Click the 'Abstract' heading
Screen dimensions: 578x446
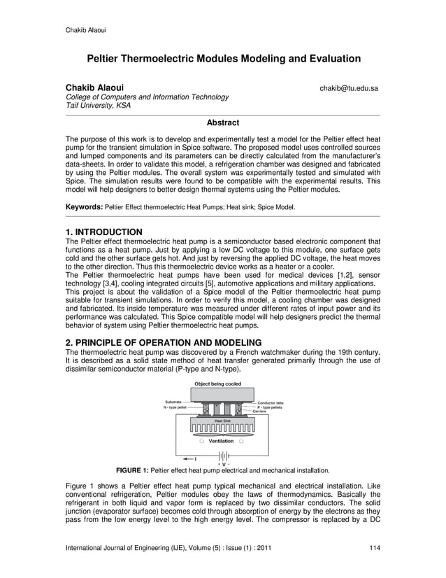(x=223, y=123)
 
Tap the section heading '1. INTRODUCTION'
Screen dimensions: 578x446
(x=104, y=232)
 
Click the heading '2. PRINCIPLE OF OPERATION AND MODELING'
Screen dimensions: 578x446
(x=163, y=342)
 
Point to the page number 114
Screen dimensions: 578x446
(x=375, y=547)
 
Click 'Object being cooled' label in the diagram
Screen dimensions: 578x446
(x=217, y=384)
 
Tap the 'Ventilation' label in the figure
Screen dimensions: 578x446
(x=222, y=441)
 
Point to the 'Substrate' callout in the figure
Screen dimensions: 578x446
(x=174, y=402)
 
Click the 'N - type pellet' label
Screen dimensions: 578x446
(x=175, y=407)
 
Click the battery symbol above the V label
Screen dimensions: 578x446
(x=223, y=455)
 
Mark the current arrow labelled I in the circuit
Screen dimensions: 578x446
(x=194, y=458)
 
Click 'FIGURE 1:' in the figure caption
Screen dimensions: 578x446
(x=132, y=470)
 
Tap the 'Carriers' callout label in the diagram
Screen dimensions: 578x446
(x=260, y=411)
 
